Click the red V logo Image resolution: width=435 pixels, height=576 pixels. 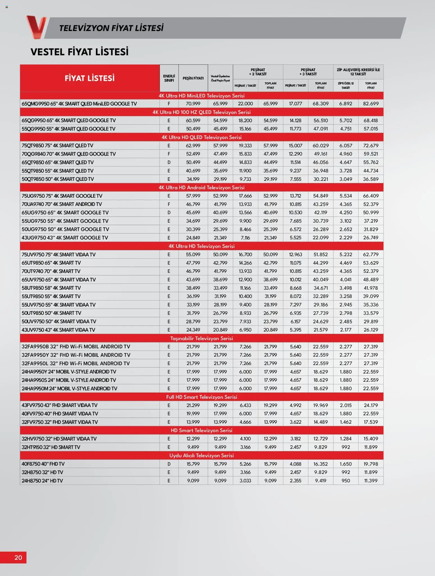tap(36, 27)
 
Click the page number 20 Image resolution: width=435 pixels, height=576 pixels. tap(18, 557)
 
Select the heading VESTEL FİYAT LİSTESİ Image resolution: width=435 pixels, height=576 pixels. tap(79, 52)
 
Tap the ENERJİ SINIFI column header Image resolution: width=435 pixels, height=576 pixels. tap(169, 78)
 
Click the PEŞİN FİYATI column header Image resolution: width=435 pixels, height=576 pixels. tap(193, 78)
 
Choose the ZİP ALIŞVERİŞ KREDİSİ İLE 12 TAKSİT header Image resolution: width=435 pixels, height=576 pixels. tap(358, 72)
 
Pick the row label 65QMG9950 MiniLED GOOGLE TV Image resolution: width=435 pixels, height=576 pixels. tap(79, 104)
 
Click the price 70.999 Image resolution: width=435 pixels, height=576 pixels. tap(193, 104)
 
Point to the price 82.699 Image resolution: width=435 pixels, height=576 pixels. tap(371, 104)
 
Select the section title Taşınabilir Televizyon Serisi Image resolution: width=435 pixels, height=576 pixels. tap(202, 338)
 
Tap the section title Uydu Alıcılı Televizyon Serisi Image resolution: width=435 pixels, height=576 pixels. tap(202, 455)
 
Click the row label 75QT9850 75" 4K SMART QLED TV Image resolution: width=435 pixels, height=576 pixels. tap(57, 146)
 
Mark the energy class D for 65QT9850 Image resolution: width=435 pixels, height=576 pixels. tap(169, 162)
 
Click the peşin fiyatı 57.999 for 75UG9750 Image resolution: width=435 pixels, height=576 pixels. tap(193, 196)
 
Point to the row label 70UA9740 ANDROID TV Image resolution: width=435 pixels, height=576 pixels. tap(62, 204)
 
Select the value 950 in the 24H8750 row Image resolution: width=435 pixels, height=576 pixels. tap(346, 481)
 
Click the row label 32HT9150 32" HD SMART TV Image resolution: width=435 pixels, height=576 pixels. tap(51, 447)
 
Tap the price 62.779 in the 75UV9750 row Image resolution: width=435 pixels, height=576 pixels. tap(371, 254)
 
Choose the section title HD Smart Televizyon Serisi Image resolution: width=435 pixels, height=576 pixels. tap(202, 430)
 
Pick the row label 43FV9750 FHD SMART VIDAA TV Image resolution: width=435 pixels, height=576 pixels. tap(59, 405)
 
